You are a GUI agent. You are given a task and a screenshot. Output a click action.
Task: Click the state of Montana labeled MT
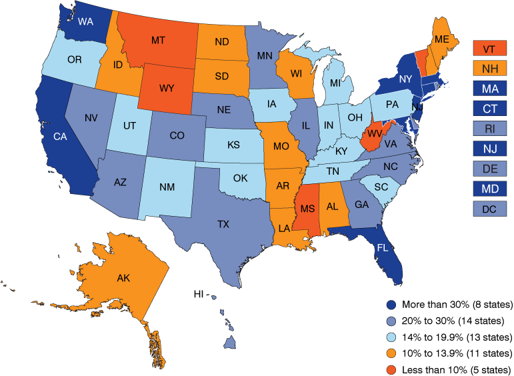click(158, 41)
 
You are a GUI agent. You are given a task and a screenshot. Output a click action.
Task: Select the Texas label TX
click(223, 225)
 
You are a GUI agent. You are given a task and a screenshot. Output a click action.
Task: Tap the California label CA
click(59, 137)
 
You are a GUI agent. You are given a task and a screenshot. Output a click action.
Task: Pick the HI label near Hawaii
click(198, 294)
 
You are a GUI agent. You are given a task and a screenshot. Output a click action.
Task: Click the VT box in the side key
click(489, 49)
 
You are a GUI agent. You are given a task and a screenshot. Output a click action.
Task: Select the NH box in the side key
click(489, 69)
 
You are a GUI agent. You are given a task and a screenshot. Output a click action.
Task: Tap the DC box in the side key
click(489, 209)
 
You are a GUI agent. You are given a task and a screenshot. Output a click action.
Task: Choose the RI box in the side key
click(489, 129)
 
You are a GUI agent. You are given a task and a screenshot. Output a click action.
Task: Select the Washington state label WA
click(85, 21)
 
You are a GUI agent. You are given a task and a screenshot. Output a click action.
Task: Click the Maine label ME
click(441, 39)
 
